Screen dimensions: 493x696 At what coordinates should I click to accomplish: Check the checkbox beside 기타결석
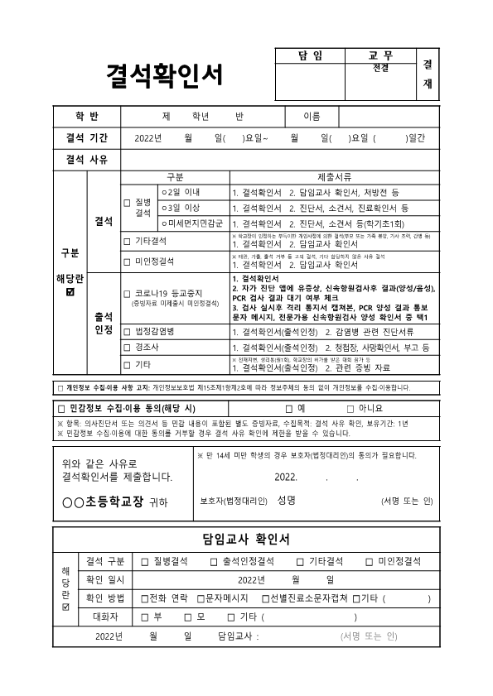pyautogui.click(x=127, y=242)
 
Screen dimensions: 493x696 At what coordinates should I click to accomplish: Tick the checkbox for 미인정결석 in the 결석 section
pyautogui.click(x=127, y=262)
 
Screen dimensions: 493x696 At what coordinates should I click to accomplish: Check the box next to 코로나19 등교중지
pyautogui.click(x=127, y=294)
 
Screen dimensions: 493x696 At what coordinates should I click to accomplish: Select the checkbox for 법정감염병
pyautogui.click(x=127, y=331)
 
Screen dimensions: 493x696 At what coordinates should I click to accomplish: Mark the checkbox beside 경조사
pyautogui.click(x=127, y=348)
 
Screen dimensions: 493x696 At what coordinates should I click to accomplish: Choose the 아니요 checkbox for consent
pyautogui.click(x=351, y=408)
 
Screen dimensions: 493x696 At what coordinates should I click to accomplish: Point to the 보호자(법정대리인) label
pyautogui.click(x=234, y=501)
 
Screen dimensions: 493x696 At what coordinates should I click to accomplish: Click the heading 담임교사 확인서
pyautogui.click(x=246, y=540)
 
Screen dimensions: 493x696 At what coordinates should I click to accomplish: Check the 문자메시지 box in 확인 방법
pyautogui.click(x=201, y=598)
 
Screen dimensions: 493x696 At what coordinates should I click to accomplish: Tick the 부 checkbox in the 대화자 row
pyautogui.click(x=145, y=617)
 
